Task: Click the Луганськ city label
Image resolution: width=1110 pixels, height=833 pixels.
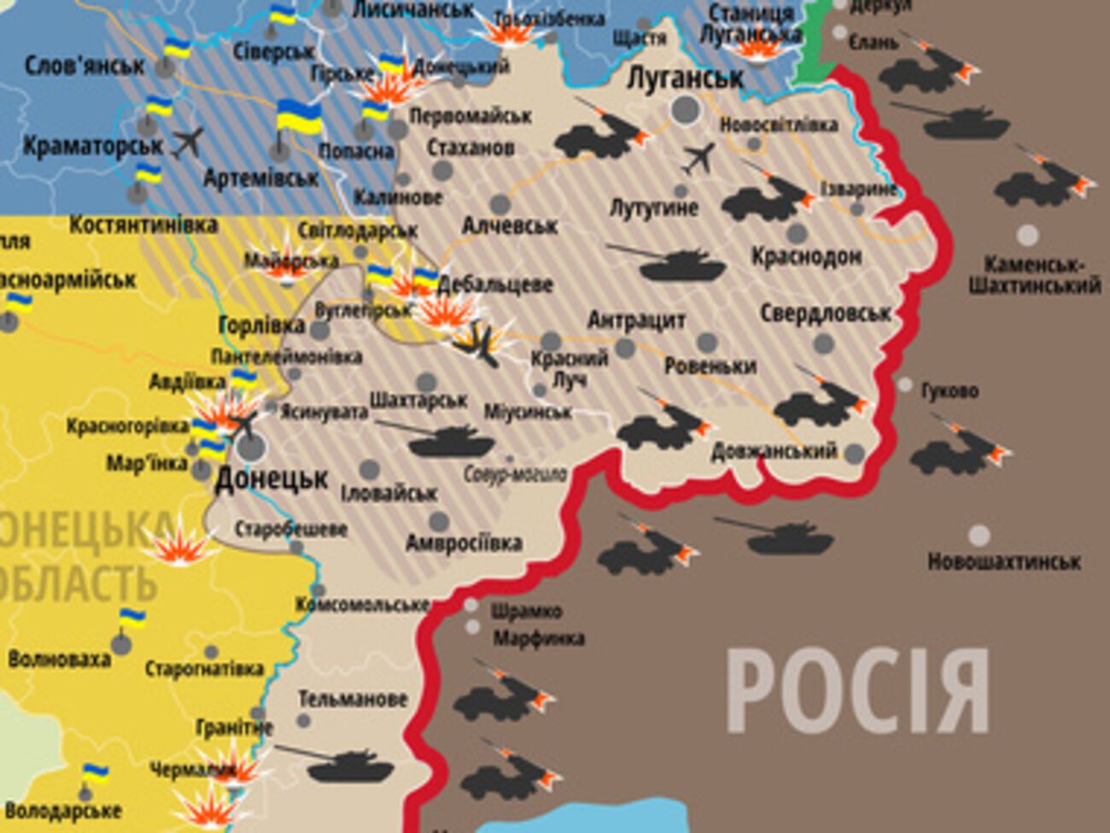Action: point(685,78)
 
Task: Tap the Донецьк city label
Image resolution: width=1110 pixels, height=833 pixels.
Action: point(272,478)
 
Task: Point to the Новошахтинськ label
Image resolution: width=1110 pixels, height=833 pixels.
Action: point(1004,562)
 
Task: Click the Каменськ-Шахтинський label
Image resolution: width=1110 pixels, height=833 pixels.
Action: point(1034,275)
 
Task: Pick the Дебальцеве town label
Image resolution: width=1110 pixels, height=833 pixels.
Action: point(494,285)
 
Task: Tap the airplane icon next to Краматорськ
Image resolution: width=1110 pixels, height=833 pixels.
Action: point(188,142)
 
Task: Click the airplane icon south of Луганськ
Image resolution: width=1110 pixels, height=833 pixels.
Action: point(698,158)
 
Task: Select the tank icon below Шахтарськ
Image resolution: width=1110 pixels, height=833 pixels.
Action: point(450,442)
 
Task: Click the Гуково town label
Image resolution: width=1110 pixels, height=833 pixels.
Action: point(949,391)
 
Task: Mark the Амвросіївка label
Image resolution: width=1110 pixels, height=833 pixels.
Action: point(464,543)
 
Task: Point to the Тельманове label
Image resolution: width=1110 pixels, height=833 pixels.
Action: point(352,699)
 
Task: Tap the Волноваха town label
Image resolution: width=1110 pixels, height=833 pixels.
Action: point(59,660)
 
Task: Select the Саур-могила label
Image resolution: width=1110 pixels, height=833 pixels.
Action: point(515,473)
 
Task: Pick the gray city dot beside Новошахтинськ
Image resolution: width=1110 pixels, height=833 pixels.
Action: point(979,536)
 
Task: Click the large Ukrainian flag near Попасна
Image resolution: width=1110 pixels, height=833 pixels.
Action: point(298,118)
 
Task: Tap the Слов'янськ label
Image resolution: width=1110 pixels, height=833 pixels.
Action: point(85,65)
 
